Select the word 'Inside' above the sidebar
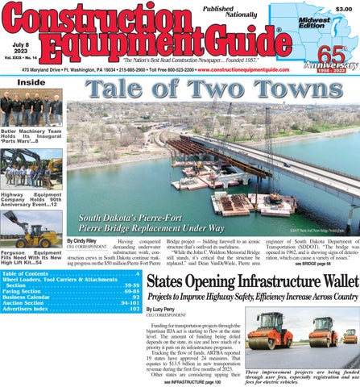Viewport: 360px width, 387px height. (31, 82)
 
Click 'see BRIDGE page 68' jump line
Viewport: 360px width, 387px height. (311, 264)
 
